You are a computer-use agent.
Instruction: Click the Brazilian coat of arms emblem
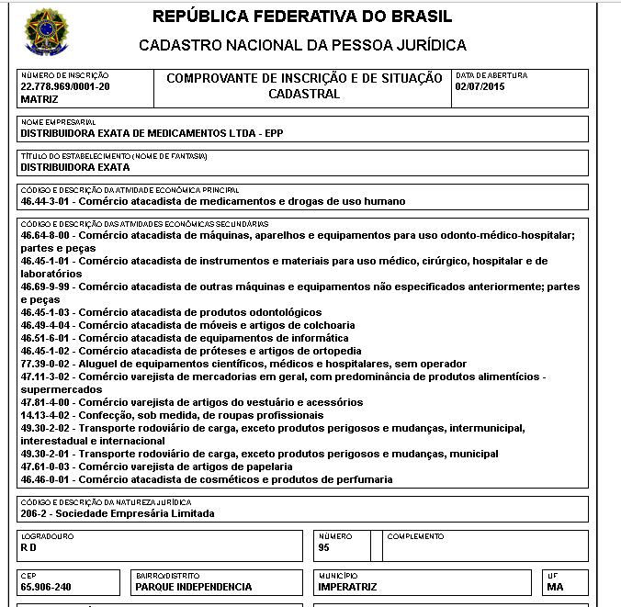pos(45,32)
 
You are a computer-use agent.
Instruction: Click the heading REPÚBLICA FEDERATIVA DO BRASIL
pos(302,17)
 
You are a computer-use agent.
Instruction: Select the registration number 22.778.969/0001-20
pos(64,86)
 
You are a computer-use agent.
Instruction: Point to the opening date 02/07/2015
pos(480,86)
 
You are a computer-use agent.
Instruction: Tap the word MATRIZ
pos(39,98)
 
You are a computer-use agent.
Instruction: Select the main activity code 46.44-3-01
pos(48,200)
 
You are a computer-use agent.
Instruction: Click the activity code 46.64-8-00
pos(48,235)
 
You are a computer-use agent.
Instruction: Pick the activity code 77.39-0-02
pos(48,364)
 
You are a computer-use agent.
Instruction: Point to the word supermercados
pos(59,389)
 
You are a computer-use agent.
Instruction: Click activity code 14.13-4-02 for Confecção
pos(48,415)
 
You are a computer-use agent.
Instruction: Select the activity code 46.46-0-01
pos(48,479)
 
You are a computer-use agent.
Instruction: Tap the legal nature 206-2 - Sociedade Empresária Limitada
pos(117,513)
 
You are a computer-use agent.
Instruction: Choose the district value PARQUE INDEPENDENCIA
pos(193,586)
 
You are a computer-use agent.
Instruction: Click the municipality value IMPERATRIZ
pos(347,586)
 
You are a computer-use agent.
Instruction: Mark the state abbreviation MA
pos(555,586)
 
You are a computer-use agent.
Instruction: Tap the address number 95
pos(323,547)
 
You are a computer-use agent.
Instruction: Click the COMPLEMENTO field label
pos(415,536)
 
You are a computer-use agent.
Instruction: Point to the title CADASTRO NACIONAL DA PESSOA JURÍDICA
pos(302,45)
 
